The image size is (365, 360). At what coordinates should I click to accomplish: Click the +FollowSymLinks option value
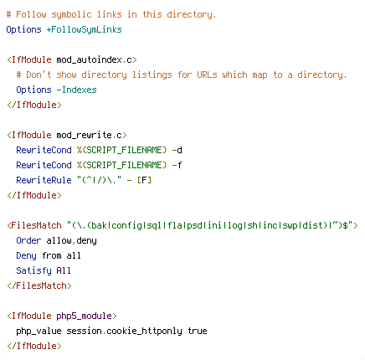tap(84, 29)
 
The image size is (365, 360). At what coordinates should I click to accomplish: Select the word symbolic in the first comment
tap(72, 14)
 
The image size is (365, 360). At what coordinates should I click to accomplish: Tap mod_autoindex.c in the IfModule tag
tap(94, 59)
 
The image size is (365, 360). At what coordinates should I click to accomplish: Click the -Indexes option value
tap(76, 90)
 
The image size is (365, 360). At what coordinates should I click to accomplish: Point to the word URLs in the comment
tap(207, 75)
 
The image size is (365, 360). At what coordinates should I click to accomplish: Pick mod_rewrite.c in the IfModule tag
tap(89, 135)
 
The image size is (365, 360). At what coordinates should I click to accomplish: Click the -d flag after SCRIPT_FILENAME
tap(177, 150)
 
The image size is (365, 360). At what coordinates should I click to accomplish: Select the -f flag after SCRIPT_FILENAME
tap(177, 165)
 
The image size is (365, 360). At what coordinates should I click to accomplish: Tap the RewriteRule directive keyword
tap(44, 180)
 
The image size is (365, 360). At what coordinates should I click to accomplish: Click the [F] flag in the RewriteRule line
tap(144, 180)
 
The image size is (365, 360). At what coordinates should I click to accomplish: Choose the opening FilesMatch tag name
tap(37, 225)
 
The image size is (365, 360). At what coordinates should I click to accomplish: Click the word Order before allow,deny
tap(28, 240)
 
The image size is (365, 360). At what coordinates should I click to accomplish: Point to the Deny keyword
tap(26, 255)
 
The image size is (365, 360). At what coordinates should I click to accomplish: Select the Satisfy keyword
tap(33, 270)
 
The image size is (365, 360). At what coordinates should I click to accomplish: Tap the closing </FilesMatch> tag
tap(39, 285)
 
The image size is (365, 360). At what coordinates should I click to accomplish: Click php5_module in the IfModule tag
tap(84, 316)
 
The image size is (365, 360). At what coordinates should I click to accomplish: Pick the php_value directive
tap(39, 331)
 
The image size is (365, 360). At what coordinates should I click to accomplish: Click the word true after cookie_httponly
tap(198, 331)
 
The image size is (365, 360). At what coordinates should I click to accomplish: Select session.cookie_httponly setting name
tap(124, 331)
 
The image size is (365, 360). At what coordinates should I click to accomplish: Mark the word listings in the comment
tap(152, 75)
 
